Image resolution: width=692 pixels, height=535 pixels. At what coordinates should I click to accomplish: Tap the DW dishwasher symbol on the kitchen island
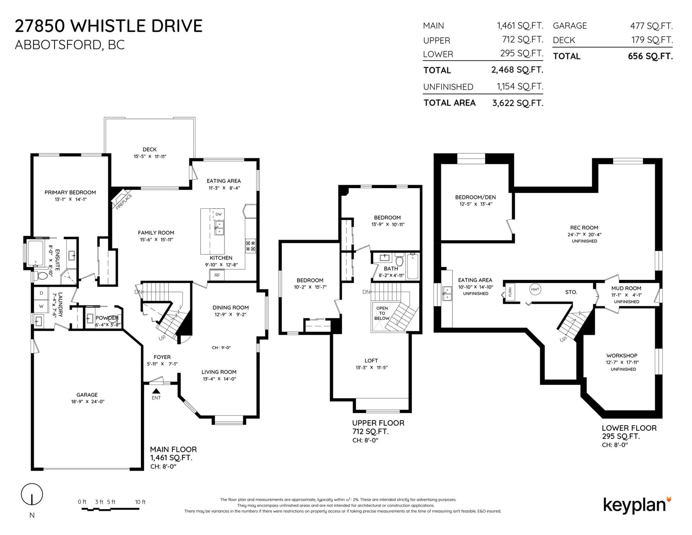(x=218, y=215)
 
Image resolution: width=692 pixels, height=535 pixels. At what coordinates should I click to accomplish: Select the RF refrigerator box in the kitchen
(x=217, y=275)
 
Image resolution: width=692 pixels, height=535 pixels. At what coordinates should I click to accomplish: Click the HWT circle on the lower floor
(x=535, y=289)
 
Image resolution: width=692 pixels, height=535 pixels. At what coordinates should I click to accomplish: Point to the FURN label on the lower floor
(x=510, y=292)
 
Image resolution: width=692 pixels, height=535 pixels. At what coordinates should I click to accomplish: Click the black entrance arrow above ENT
(x=156, y=391)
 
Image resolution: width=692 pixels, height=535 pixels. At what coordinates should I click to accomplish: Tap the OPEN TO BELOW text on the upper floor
(x=382, y=313)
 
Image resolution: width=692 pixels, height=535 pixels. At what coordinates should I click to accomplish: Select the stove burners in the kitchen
(x=250, y=246)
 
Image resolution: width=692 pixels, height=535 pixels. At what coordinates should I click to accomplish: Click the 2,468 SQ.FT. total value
(x=517, y=70)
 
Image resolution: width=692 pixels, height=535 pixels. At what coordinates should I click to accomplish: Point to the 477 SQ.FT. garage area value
(x=651, y=26)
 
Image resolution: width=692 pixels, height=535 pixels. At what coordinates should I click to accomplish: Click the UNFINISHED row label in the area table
(x=448, y=86)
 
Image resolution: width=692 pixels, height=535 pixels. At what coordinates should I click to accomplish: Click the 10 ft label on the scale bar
(x=140, y=502)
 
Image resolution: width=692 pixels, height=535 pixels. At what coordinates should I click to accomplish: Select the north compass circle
(x=32, y=494)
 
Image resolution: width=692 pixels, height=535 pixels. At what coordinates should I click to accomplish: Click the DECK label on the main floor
(x=150, y=149)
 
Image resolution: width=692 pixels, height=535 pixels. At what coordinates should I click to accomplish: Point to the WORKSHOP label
(x=622, y=356)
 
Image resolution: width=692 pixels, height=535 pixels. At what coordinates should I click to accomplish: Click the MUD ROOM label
(x=626, y=288)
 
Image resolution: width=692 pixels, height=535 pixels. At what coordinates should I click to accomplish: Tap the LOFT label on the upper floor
(x=372, y=361)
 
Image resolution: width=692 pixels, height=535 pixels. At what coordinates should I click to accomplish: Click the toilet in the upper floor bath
(x=399, y=260)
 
